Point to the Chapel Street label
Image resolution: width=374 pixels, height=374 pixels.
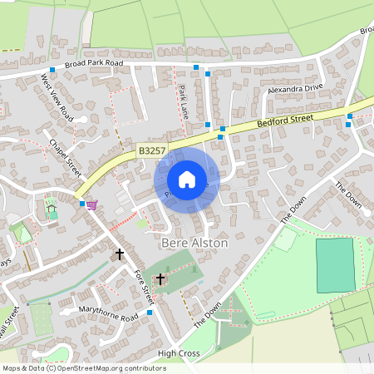pyautogui.click(x=65, y=155)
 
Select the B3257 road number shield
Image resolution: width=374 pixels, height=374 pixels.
pyautogui.click(x=152, y=151)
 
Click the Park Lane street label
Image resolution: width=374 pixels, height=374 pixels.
pyautogui.click(x=184, y=101)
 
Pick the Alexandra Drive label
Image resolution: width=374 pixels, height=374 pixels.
pyautogui.click(x=294, y=87)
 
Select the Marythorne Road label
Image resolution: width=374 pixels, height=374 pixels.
pyautogui.click(x=108, y=317)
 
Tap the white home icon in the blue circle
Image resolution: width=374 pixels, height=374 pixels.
pyautogui.click(x=187, y=179)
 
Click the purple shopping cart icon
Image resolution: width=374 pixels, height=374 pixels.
pyautogui.click(x=91, y=204)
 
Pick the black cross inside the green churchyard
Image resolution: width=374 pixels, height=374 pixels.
pyautogui.click(x=160, y=279)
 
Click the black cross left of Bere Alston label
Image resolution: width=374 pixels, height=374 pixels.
pyautogui.click(x=120, y=253)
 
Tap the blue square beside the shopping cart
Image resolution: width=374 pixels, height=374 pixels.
pyautogui.click(x=81, y=203)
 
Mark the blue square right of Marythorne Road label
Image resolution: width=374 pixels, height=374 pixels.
pyautogui.click(x=150, y=312)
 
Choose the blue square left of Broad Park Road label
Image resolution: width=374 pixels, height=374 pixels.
pyautogui.click(x=52, y=70)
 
